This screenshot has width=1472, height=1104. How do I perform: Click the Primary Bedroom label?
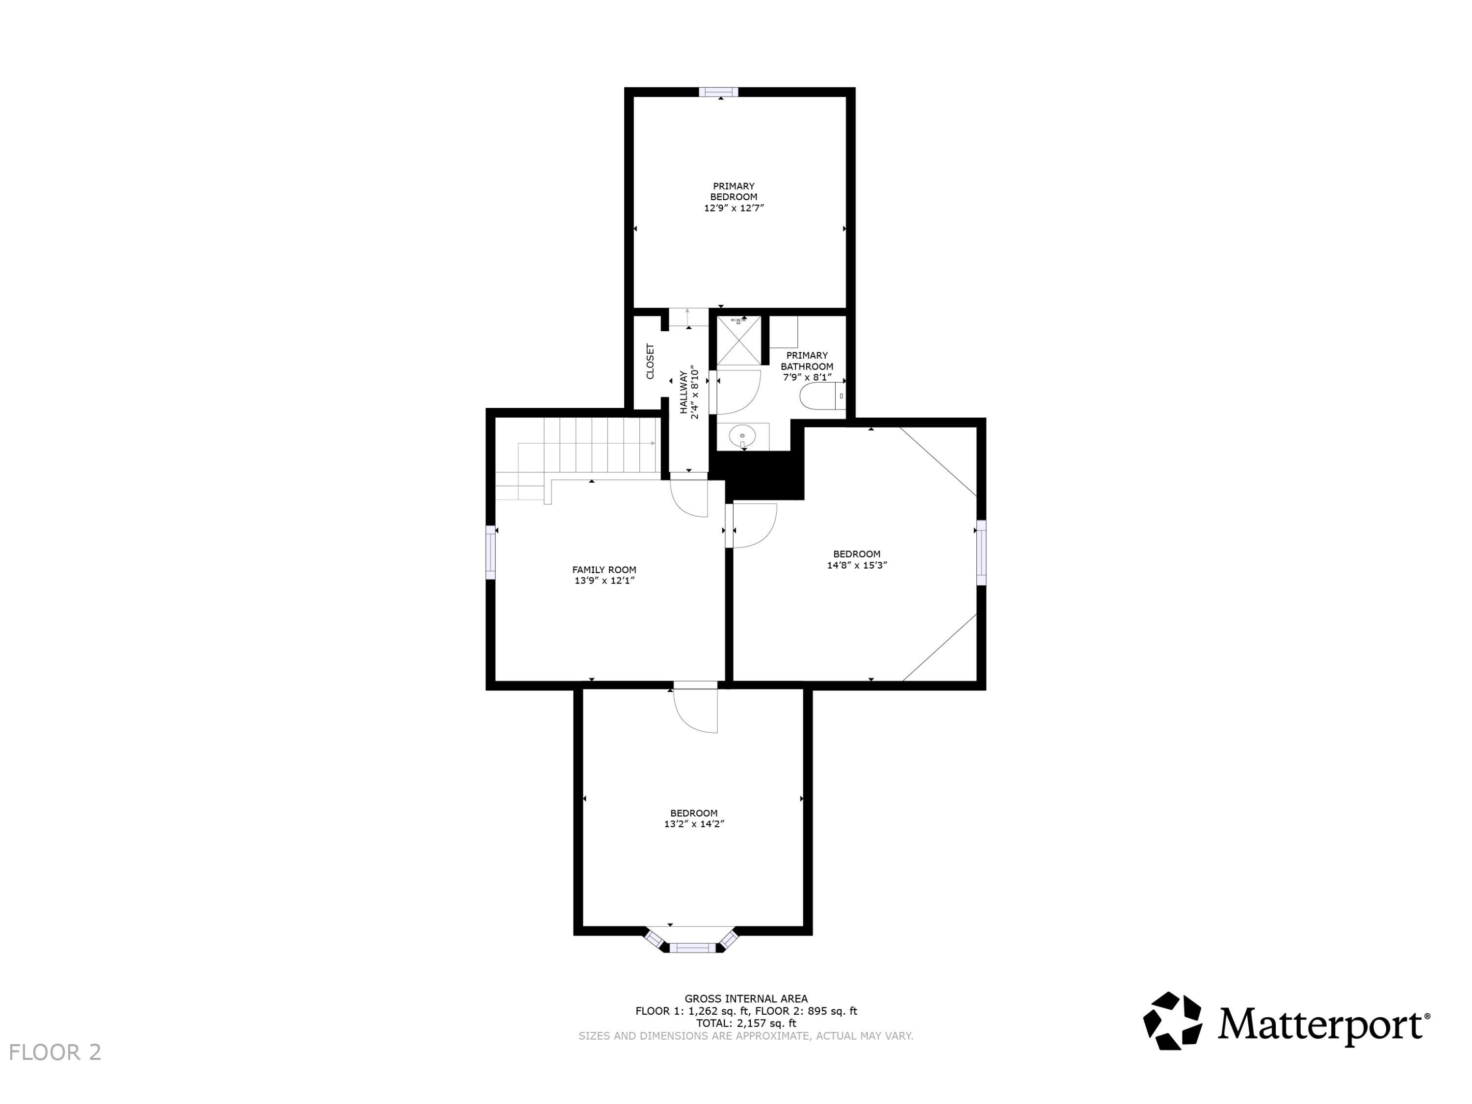(x=734, y=192)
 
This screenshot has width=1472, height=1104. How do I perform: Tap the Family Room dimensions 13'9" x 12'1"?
(x=604, y=581)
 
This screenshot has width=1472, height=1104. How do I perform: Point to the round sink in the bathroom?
(x=742, y=437)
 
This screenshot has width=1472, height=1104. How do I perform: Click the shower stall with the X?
(x=738, y=340)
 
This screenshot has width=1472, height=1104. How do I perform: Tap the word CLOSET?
(x=650, y=361)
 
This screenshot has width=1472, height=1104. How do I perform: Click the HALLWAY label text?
(x=683, y=393)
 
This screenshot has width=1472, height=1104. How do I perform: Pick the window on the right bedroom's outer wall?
(x=981, y=552)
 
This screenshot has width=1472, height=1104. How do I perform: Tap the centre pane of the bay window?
(x=692, y=947)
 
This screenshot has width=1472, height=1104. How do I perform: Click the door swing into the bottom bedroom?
(x=695, y=710)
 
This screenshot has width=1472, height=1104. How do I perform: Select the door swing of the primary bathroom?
(x=738, y=393)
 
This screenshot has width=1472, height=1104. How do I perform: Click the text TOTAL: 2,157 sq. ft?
(x=746, y=1024)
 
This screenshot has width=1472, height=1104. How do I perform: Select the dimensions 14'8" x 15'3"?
(x=857, y=565)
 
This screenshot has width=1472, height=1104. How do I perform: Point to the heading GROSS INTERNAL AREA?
(x=746, y=998)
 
